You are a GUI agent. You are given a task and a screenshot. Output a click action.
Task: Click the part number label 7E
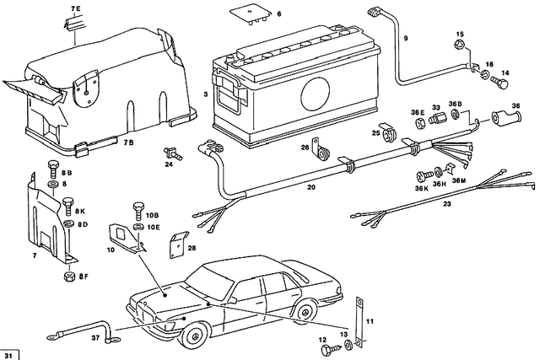pyautogui.click(x=74, y=8)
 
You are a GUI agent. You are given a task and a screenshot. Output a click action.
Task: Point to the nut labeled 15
pyautogui.click(x=460, y=46)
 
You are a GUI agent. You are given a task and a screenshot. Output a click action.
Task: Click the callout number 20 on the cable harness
pyautogui.click(x=287, y=188)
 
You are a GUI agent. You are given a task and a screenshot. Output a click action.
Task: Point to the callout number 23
pyautogui.click(x=447, y=204)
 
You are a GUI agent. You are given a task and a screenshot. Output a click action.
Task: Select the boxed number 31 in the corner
pyautogui.click(x=9, y=352)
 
